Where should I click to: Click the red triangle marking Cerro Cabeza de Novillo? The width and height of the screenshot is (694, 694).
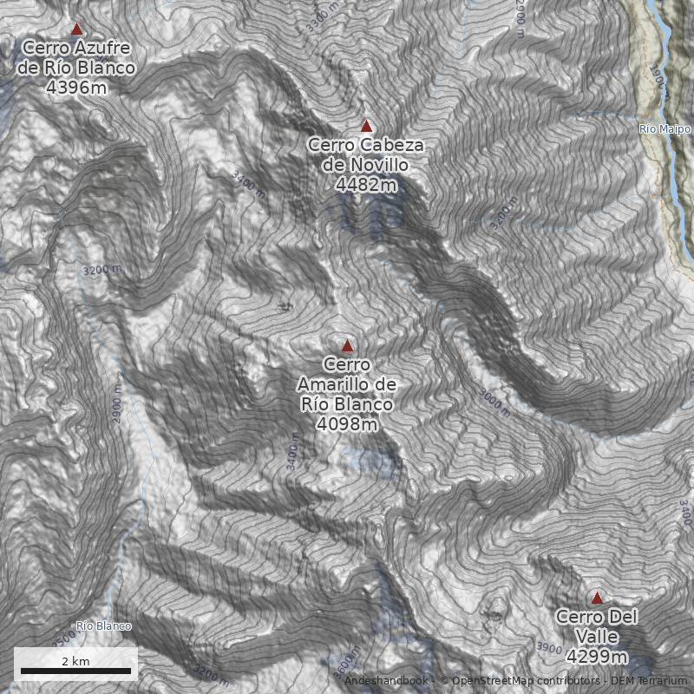[x=366, y=126]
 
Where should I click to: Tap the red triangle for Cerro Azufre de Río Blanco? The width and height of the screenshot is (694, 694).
[x=76, y=29]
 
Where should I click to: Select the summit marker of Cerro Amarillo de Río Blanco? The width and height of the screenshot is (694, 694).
[x=347, y=345]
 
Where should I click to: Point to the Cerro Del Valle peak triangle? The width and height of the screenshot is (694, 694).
[x=596, y=598]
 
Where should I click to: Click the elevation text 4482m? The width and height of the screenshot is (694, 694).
[x=366, y=184]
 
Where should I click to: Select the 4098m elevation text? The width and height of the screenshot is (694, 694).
[x=347, y=424]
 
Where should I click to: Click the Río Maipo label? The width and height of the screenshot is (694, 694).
[x=665, y=129]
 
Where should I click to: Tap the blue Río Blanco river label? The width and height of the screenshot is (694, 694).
[x=103, y=626]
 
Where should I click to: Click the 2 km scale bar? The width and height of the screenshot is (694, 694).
[x=75, y=670]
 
